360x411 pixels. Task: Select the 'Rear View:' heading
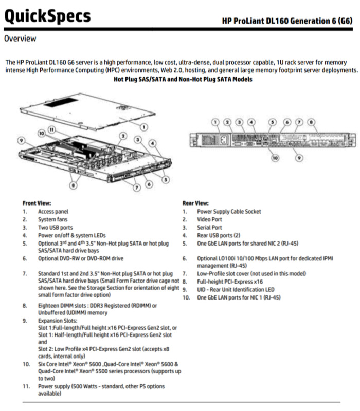coord(195,203)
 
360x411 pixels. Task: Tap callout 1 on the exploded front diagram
coord(145,126)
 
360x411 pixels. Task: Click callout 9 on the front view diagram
coord(21,139)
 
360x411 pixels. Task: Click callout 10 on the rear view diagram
coord(275,158)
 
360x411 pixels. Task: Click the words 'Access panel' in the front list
coord(53,211)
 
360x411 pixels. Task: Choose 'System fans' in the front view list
coord(53,219)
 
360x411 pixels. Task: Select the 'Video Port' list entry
coord(209,219)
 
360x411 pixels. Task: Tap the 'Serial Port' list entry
coord(210,227)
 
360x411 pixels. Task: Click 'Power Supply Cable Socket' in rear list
coord(229,211)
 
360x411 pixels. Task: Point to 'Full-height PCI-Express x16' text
coord(231,282)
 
